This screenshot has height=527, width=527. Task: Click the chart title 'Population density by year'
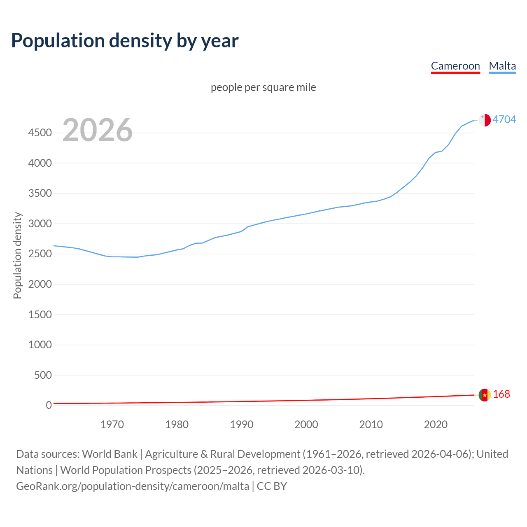[x=125, y=40]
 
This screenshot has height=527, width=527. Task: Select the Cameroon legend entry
[x=455, y=66]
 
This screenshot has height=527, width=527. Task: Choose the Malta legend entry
[x=502, y=66]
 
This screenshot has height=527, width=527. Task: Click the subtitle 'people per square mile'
[x=263, y=87]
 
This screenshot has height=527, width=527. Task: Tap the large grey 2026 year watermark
[x=98, y=130]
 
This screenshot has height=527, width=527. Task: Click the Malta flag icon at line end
[x=485, y=120]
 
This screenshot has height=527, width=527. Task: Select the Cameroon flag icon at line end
[x=485, y=394]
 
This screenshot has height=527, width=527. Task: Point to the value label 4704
[x=504, y=119]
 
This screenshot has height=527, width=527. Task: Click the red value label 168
[x=501, y=394]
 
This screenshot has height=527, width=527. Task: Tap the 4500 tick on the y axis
[x=40, y=133]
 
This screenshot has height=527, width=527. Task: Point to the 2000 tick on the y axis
[x=40, y=284]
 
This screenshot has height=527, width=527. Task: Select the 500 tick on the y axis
[x=43, y=375]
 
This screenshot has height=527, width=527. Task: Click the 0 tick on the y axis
[x=49, y=405]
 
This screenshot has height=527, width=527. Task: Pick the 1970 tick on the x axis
[x=112, y=424]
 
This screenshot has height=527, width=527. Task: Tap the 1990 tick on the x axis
[x=242, y=424]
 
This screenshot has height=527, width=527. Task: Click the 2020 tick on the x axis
[x=436, y=424]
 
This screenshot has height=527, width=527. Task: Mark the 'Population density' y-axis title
[x=17, y=255]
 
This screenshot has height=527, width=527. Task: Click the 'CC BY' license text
[x=272, y=486]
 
